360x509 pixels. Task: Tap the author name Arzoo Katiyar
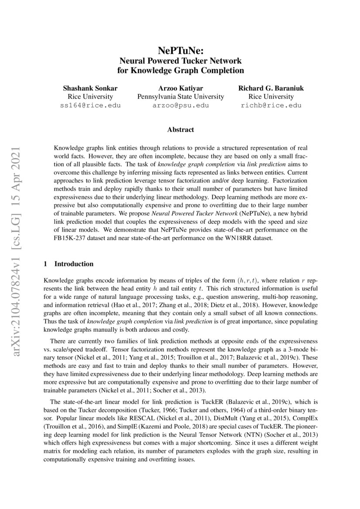point(180,88)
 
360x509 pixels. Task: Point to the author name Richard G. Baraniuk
point(271,88)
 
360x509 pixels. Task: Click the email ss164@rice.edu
point(90,105)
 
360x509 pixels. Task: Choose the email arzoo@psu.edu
point(180,105)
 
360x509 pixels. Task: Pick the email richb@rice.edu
point(271,105)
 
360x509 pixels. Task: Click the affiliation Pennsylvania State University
point(180,97)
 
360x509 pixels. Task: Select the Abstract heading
point(180,129)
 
